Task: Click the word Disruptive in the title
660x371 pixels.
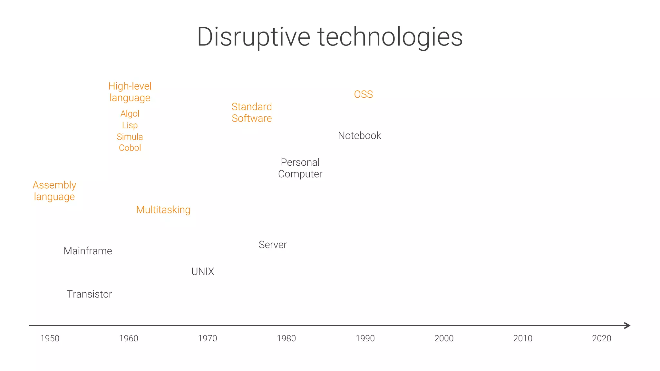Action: (253, 37)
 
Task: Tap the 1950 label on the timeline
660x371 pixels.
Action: (50, 338)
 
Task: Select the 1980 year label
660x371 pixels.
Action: (286, 338)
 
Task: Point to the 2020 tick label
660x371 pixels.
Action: (601, 338)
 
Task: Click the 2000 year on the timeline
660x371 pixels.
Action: (444, 338)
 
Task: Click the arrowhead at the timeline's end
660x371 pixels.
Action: (627, 326)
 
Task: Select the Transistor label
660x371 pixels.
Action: (89, 294)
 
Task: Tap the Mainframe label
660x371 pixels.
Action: (88, 251)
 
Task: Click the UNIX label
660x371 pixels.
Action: (203, 271)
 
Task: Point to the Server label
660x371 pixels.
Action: (273, 245)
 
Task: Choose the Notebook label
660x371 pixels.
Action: (359, 135)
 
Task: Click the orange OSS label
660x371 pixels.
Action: (363, 94)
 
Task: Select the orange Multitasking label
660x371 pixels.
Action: (163, 210)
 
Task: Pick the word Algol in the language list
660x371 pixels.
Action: (130, 113)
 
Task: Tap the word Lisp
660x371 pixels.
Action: (130, 125)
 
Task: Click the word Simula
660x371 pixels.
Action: (130, 137)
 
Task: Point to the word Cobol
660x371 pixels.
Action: (130, 148)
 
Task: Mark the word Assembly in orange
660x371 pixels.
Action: (54, 185)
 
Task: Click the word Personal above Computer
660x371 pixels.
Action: (300, 162)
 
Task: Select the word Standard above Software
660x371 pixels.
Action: (252, 107)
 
